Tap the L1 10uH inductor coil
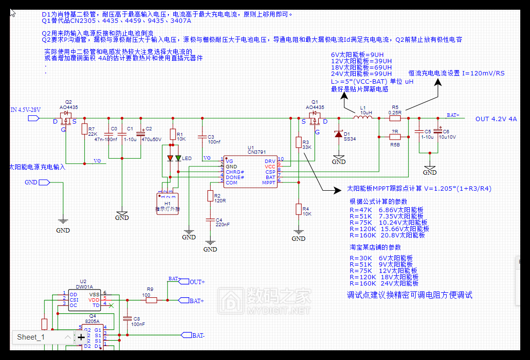[x=362, y=117]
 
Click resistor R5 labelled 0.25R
[x=395, y=117]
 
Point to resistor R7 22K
[x=85, y=129]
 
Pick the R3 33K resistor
[x=298, y=142]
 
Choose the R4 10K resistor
[x=298, y=209]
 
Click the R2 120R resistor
[x=210, y=196]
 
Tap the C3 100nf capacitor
[x=202, y=137]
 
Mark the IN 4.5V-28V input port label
[x=26, y=110]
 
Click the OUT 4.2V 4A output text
[x=496, y=119]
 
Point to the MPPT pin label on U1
[x=269, y=183]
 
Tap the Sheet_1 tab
[x=31, y=337]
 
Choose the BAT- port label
[x=198, y=335]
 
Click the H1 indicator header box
[x=168, y=201]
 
